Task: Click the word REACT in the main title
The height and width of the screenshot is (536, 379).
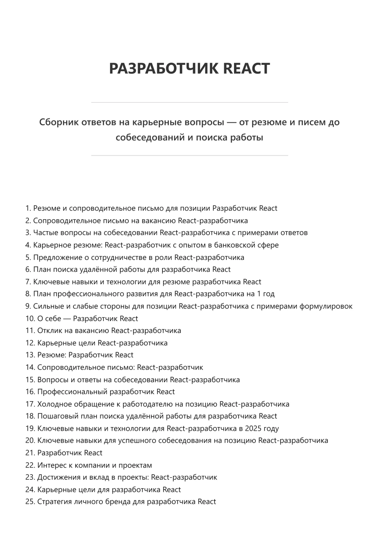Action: [x=247, y=68]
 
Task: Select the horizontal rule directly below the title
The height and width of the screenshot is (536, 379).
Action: [x=189, y=102]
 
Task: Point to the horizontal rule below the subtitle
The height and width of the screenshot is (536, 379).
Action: [x=189, y=155]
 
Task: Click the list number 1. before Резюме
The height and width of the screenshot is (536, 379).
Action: [x=28, y=208]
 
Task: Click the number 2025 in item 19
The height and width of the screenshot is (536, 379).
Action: [x=253, y=428]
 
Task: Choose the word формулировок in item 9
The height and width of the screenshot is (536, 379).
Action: [x=326, y=306]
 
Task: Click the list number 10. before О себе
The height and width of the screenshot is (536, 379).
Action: [x=30, y=318]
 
